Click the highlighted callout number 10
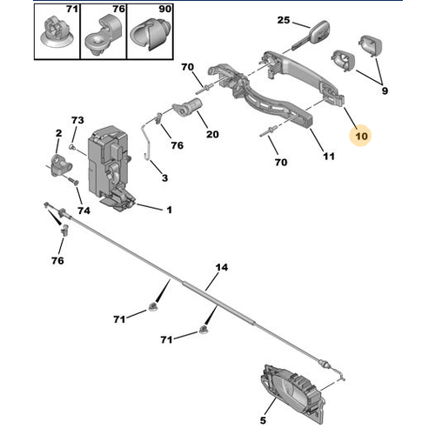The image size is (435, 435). (361, 136)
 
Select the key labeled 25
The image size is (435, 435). (311, 36)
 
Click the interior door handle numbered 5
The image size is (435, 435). (293, 392)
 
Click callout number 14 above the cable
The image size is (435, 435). (222, 267)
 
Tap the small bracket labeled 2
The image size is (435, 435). (61, 165)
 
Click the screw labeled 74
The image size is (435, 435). (74, 182)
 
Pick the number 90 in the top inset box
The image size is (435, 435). (164, 9)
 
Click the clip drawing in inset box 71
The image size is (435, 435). (57, 32)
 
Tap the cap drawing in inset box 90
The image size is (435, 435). (150, 34)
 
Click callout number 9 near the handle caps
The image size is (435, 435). (385, 90)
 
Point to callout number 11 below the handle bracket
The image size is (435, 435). (329, 157)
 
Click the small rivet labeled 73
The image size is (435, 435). (72, 147)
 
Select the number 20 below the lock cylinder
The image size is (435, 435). (212, 134)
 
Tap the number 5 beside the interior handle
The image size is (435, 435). (263, 420)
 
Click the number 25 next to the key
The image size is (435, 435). (284, 20)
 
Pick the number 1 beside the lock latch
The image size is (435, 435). (170, 210)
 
